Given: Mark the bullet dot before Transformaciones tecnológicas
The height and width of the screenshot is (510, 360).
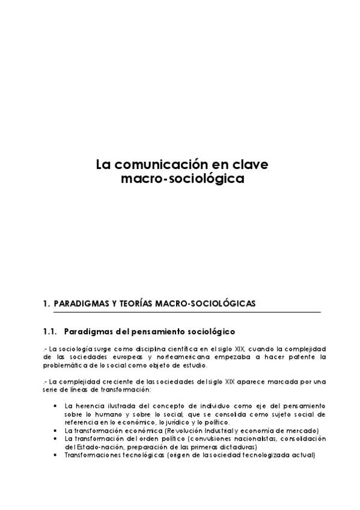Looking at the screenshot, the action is click(56, 455).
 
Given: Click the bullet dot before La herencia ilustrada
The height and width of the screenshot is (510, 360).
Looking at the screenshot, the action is click(56, 406).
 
